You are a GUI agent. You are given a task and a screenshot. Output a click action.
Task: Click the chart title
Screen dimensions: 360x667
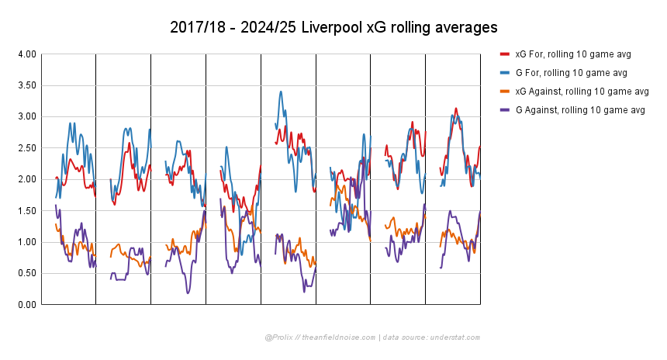(x=333, y=28)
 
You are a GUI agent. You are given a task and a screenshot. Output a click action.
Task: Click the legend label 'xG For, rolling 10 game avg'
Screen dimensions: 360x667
(x=572, y=54)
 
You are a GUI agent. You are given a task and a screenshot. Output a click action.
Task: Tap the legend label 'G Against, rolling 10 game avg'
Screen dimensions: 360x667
(x=580, y=110)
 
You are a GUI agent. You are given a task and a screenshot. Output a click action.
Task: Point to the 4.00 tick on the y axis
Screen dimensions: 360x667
(x=26, y=54)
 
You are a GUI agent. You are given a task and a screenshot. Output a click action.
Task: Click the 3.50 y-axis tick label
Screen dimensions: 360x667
(x=26, y=85)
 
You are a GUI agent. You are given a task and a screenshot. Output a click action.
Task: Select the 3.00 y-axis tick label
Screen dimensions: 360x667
(x=26, y=117)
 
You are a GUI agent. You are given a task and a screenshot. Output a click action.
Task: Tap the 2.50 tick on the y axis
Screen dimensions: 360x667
(x=26, y=148)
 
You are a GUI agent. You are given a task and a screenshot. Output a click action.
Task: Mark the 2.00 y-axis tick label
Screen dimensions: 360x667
(x=26, y=179)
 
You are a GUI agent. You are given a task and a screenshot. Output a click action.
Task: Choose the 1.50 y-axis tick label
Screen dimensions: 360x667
(x=26, y=211)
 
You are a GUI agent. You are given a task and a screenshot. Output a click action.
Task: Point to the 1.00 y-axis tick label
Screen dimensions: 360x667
(x=26, y=242)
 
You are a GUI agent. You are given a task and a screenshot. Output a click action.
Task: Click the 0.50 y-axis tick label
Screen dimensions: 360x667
(x=26, y=273)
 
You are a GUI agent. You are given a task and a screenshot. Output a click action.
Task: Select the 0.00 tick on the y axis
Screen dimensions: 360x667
(x=26, y=305)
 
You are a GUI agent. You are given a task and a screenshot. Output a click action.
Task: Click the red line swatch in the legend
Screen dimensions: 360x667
(x=504, y=54)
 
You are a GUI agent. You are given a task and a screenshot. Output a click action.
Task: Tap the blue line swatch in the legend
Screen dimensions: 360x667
(x=504, y=73)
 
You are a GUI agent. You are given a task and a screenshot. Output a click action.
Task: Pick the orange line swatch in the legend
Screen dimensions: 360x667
(x=504, y=92)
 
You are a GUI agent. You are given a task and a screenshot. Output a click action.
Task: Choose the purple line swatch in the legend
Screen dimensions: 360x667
(x=504, y=110)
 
